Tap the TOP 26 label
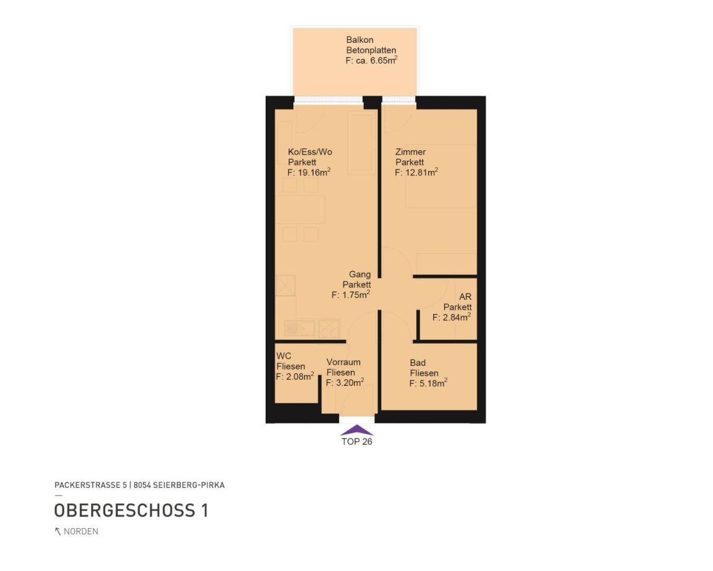coord(357,441)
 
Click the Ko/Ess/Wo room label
coord(310,152)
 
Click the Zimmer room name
coord(410,152)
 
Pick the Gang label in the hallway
coord(360,274)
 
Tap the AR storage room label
coord(465,297)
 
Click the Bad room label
coord(417,363)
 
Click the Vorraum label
coord(343,362)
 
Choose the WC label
coord(284,356)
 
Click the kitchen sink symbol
coord(299,328)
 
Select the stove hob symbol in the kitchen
coord(329,328)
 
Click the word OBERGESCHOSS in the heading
coord(125,511)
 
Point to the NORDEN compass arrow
coord(58,531)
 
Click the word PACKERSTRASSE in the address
coord(88,485)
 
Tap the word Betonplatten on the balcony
coord(371,50)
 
